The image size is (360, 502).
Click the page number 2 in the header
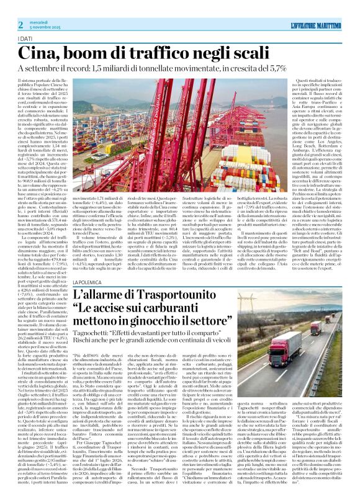click(x=20, y=24)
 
